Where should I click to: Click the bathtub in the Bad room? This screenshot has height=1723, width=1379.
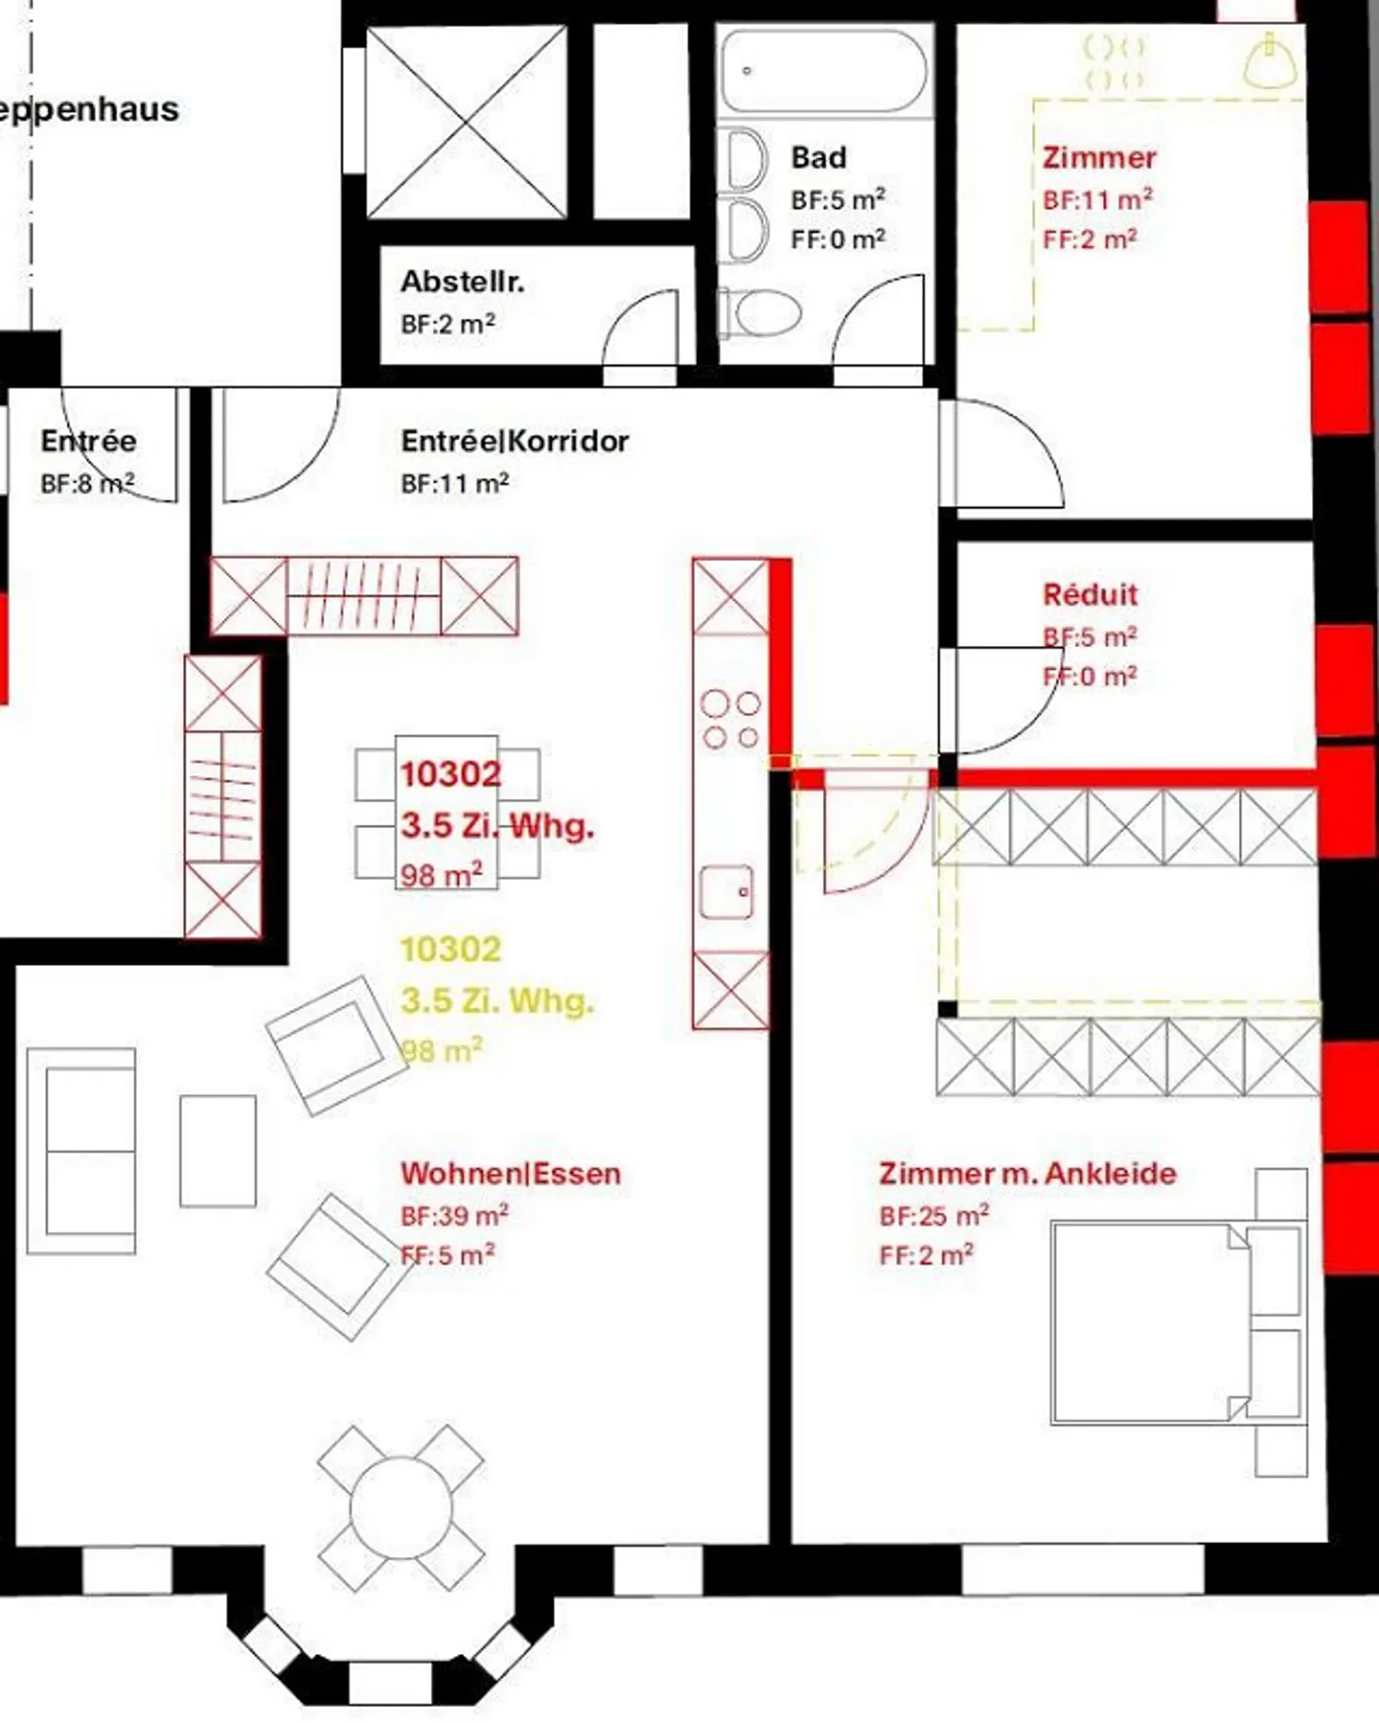click(824, 71)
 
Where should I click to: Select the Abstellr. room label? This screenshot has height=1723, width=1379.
click(463, 281)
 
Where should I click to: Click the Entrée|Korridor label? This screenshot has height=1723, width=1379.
click(515, 441)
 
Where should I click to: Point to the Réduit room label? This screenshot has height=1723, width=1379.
click(1090, 594)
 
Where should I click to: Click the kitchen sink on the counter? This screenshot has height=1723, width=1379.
click(727, 892)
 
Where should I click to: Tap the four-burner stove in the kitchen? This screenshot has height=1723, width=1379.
click(731, 720)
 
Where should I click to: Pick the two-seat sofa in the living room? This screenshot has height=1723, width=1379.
click(81, 1151)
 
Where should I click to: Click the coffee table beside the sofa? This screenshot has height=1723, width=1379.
click(218, 1151)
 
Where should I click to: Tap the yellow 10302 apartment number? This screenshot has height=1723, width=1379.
click(450, 950)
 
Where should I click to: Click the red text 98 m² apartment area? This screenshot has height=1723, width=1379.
click(441, 875)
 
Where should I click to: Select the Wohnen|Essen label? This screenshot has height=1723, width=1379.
click(510, 1174)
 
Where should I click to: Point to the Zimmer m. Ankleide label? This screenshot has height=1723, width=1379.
click(1028, 1174)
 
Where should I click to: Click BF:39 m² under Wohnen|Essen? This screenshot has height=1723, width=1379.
click(454, 1216)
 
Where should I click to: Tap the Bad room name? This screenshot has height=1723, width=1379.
click(819, 158)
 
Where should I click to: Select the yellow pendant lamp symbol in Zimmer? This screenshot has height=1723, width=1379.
click(1270, 61)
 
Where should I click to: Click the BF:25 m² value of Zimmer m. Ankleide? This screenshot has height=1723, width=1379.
click(934, 1216)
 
